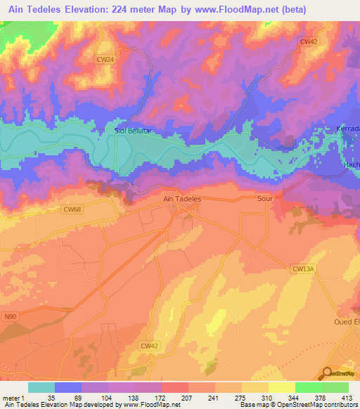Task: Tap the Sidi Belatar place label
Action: pos(133,131)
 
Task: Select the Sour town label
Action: pos(265,199)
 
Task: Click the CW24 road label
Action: pos(105,60)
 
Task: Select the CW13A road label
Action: pos(302,268)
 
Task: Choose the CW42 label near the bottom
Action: pos(149,345)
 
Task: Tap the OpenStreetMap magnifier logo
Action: pos(328,374)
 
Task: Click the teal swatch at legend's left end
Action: pos(41,387)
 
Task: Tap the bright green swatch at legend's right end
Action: pos(335,387)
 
